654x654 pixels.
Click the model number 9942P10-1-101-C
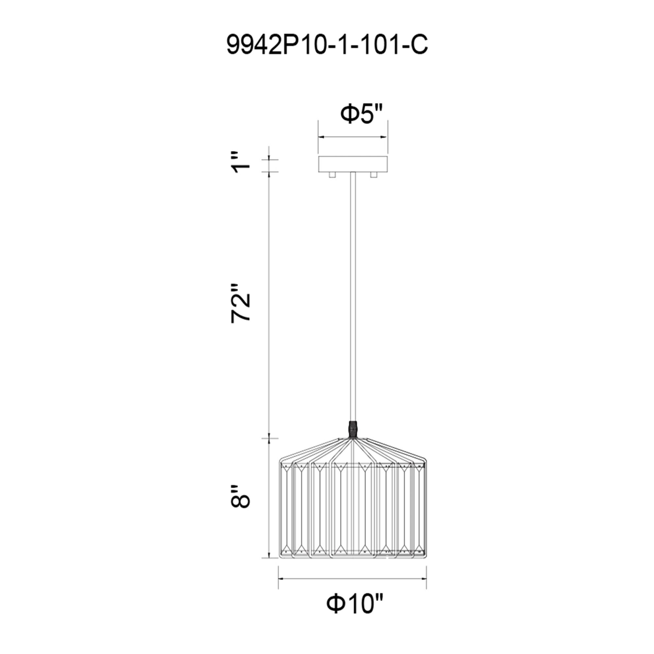(x=327, y=45)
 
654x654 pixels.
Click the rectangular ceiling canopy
(x=353, y=164)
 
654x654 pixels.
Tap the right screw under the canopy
(x=374, y=175)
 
